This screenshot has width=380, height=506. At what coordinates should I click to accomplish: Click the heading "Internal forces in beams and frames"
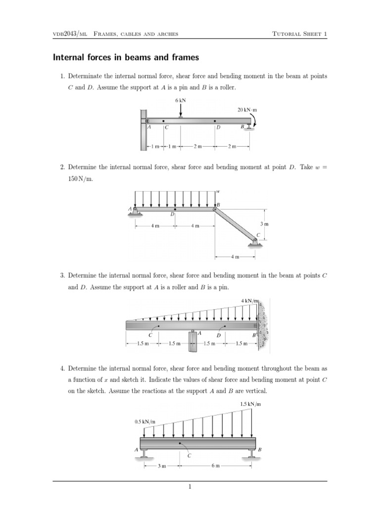coord(126,58)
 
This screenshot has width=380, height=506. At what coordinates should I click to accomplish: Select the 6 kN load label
coord(181,100)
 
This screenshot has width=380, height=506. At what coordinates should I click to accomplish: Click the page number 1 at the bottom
coord(190,487)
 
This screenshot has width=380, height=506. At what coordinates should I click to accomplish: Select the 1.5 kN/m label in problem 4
coord(250,404)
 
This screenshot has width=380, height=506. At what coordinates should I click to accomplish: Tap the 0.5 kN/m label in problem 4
coord(145,422)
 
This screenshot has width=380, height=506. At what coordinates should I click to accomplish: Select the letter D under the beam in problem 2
coord(172,214)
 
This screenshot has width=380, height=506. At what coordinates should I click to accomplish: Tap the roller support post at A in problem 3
coord(192,341)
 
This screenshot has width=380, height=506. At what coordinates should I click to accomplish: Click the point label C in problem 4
coord(189,456)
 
